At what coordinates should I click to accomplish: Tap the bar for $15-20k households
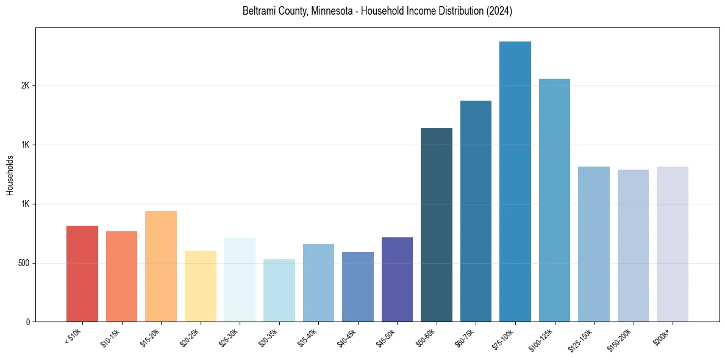[161, 266]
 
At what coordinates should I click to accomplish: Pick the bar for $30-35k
[279, 290]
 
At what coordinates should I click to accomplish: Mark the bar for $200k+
[672, 244]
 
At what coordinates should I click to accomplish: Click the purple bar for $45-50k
[397, 279]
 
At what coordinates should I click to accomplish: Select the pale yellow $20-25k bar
[200, 286]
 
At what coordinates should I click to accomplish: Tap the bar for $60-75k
[476, 211]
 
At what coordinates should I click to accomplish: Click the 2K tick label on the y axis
[25, 86]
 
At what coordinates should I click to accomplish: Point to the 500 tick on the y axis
[23, 263]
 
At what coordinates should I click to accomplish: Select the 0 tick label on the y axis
[27, 322]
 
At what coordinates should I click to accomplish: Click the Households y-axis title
[10, 175]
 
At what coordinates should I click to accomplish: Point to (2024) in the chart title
[499, 12]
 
